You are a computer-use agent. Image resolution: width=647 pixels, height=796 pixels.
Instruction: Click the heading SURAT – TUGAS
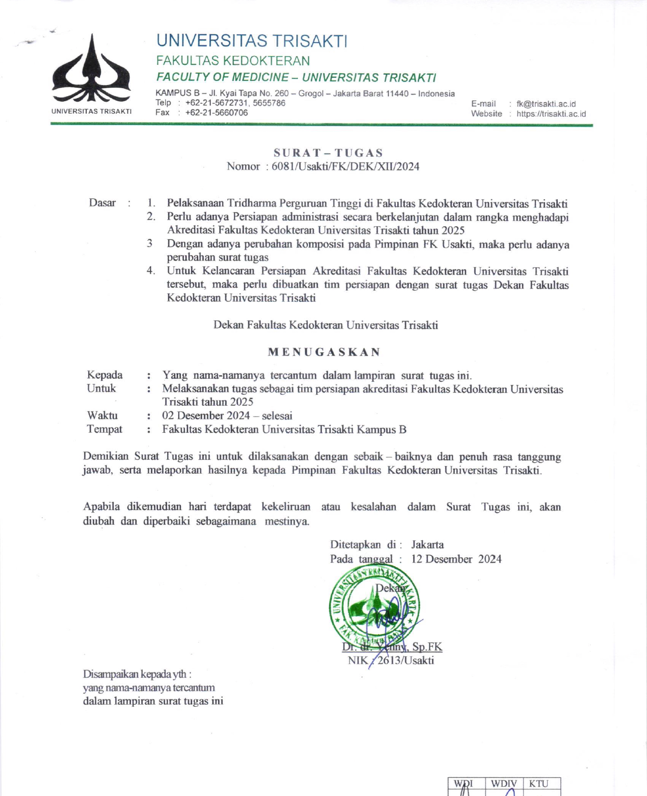328,153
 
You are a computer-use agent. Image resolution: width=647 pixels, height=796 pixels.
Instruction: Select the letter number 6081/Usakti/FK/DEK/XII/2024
345,167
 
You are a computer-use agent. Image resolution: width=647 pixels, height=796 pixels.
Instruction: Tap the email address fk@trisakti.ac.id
546,104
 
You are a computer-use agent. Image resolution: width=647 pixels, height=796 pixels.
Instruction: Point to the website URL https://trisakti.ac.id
551,114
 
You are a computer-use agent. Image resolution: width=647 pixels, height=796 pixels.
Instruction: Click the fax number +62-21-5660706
217,113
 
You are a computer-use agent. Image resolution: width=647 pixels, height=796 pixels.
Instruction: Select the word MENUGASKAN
324,352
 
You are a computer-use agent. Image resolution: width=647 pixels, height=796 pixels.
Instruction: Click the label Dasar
102,203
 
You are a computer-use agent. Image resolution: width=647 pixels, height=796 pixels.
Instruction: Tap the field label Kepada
105,375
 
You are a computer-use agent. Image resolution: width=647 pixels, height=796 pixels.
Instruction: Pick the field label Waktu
102,415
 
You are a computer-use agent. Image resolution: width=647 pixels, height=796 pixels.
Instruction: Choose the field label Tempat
104,429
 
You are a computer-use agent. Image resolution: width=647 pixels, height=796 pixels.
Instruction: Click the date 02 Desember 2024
206,416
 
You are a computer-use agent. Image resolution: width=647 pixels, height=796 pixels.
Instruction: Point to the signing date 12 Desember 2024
456,559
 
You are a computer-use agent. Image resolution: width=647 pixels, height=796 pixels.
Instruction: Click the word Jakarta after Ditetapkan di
427,544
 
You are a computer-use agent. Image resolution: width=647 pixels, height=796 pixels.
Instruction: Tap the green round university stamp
374,608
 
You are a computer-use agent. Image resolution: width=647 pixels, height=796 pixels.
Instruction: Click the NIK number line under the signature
390,660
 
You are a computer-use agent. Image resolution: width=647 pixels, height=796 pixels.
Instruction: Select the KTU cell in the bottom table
538,784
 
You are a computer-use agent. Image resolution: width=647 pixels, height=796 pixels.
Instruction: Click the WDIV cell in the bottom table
504,784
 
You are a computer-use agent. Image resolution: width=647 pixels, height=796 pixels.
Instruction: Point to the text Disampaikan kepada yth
137,674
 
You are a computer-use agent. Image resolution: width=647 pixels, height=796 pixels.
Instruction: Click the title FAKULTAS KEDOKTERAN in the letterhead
233,61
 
